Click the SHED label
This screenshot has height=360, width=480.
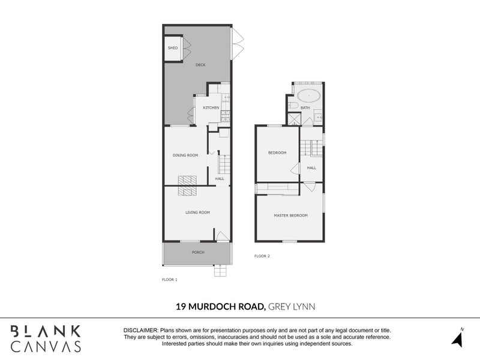tap(173, 48)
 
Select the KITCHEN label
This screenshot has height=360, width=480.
tap(211, 108)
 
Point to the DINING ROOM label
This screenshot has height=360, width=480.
tap(185, 155)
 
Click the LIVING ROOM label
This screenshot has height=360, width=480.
tap(196, 212)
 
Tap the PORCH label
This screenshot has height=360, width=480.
tap(198, 253)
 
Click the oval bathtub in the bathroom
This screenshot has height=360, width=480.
tap(309, 94)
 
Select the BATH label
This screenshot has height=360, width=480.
tap(305, 108)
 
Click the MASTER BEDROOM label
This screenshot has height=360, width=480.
tap(290, 215)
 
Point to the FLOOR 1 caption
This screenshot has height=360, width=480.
tap(170, 280)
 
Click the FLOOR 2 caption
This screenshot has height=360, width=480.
tap(262, 256)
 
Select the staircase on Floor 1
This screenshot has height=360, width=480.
tap(224, 164)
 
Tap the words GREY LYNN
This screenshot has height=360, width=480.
tap(292, 307)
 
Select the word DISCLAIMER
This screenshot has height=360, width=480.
tap(140, 331)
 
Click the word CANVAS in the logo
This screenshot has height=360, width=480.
tap(46, 346)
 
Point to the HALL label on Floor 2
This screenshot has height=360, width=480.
tap(311, 168)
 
